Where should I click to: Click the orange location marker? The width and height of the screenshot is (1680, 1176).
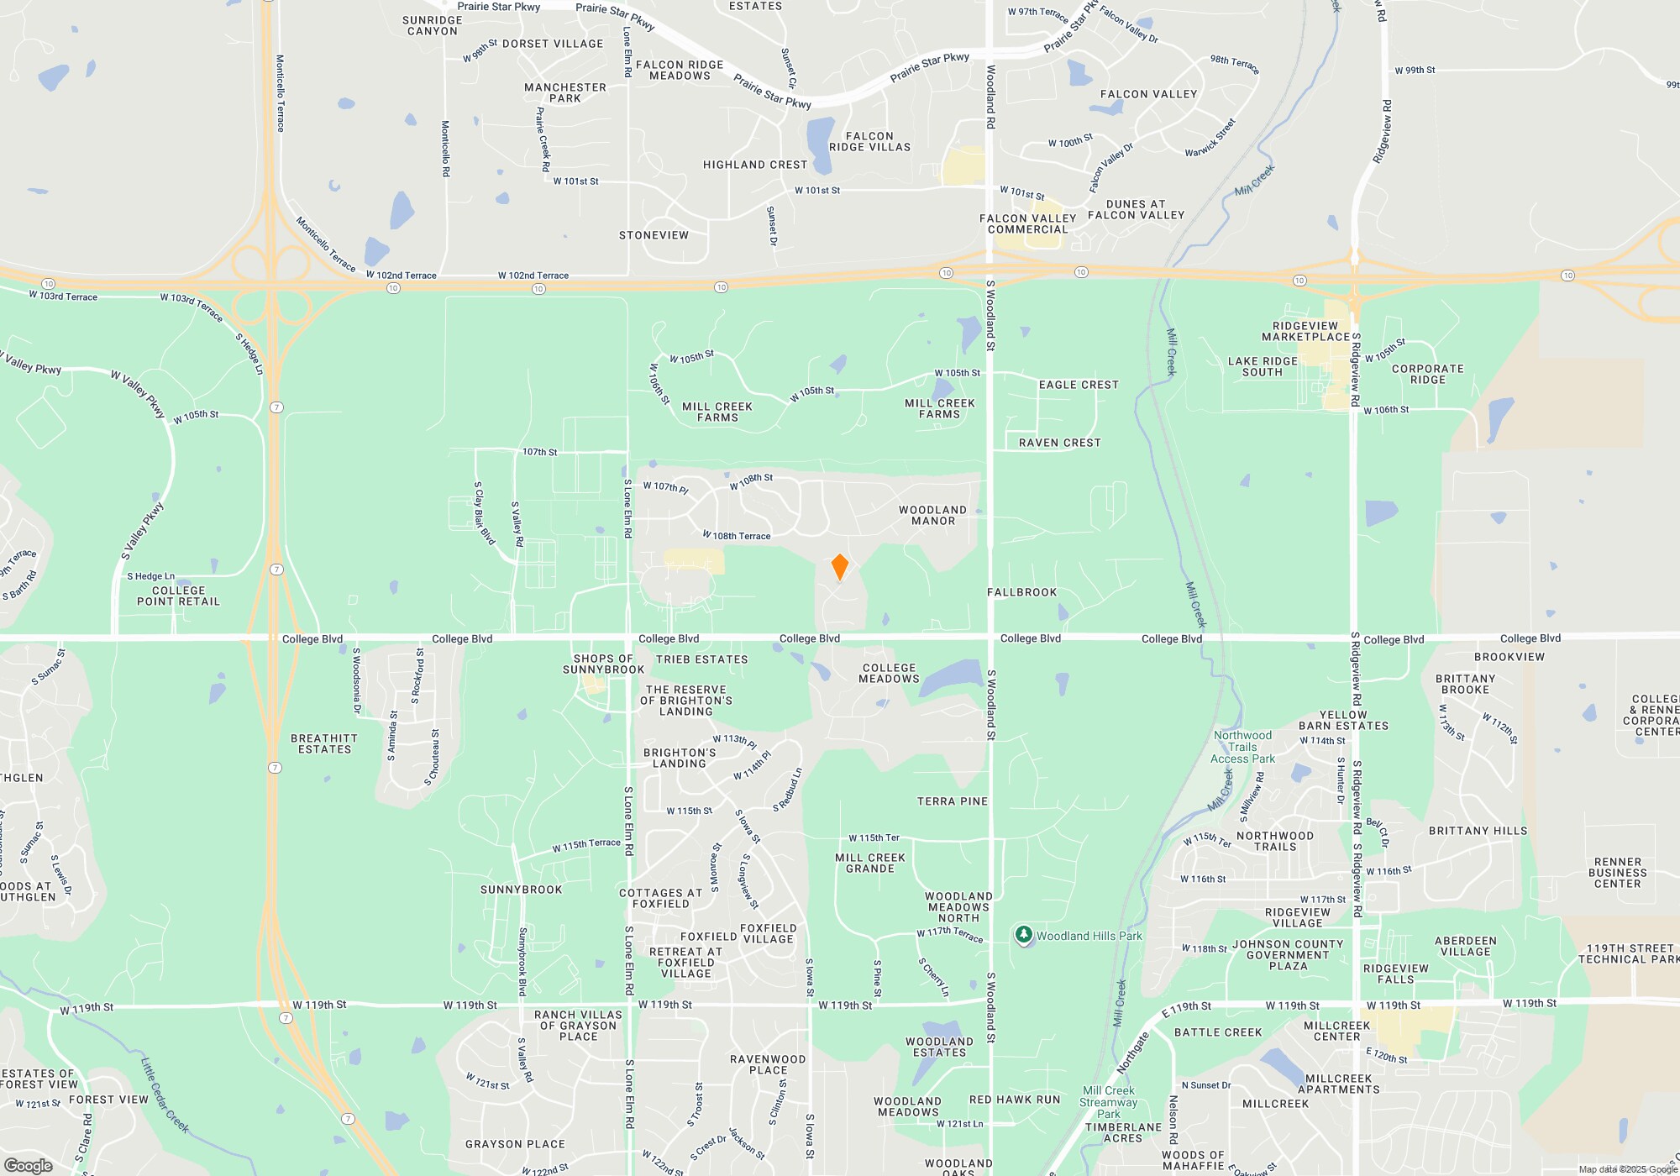(839, 566)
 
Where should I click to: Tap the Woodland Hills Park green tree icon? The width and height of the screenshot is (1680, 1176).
(1023, 934)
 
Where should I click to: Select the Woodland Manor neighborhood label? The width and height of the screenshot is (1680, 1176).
(932, 515)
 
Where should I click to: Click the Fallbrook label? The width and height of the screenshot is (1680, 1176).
(1021, 592)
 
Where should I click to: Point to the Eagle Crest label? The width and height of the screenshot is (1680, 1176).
(1079, 385)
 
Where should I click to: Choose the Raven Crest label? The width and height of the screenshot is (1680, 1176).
(1059, 443)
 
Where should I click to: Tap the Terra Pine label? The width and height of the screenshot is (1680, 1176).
(952, 801)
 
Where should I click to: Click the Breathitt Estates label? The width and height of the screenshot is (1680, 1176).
(324, 743)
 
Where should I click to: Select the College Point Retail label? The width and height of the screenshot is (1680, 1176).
(178, 596)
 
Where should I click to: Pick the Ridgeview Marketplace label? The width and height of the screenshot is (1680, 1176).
(1305, 331)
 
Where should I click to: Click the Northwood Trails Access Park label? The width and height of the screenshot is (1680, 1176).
(1242, 747)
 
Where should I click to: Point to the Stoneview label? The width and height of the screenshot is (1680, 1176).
(654, 235)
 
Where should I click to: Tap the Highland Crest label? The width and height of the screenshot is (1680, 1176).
(754, 165)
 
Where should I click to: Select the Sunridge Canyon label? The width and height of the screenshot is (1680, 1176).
(432, 25)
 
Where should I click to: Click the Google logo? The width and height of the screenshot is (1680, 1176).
(29, 1165)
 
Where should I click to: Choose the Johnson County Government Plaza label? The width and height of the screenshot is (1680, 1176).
(1288, 955)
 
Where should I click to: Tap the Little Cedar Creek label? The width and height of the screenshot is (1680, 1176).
(165, 1095)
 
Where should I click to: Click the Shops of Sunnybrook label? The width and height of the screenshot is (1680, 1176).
(603, 664)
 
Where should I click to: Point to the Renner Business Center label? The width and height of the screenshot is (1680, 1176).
(1617, 873)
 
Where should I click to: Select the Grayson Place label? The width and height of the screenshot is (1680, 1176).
(515, 1144)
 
